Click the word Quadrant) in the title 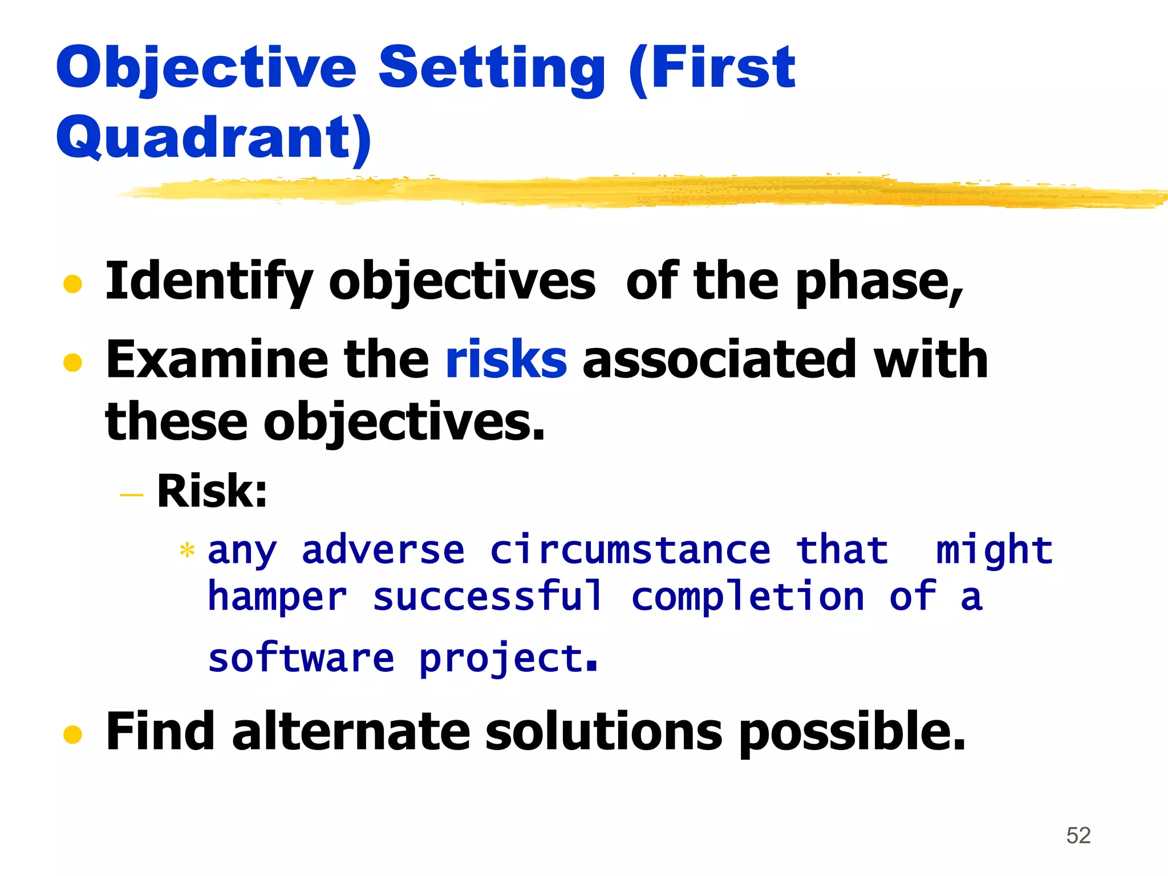(214, 137)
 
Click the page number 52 (1078, 836)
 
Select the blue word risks (506, 359)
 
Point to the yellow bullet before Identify (72, 283)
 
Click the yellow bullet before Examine (72, 362)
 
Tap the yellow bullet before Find (72, 735)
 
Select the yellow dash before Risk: (131, 494)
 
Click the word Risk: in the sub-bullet (212, 491)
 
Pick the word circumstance (630, 550)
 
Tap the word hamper (277, 598)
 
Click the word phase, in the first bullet (879, 282)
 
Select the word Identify (209, 282)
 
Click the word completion (748, 597)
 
